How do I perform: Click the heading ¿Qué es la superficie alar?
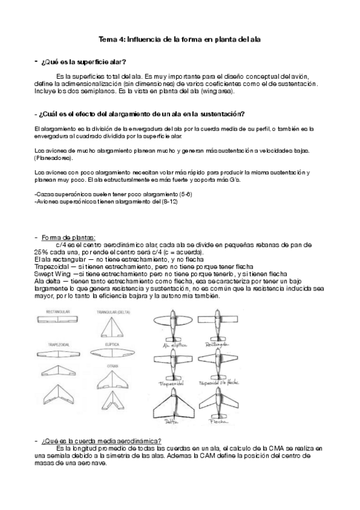pyautogui.click(x=84, y=62)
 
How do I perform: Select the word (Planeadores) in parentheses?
pyautogui.click(x=53, y=158)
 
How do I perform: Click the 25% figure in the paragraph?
pyautogui.click(x=41, y=252)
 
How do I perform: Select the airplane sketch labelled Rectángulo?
pyautogui.click(x=218, y=328)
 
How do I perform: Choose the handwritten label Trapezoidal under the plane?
pyautogui.click(x=171, y=383)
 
